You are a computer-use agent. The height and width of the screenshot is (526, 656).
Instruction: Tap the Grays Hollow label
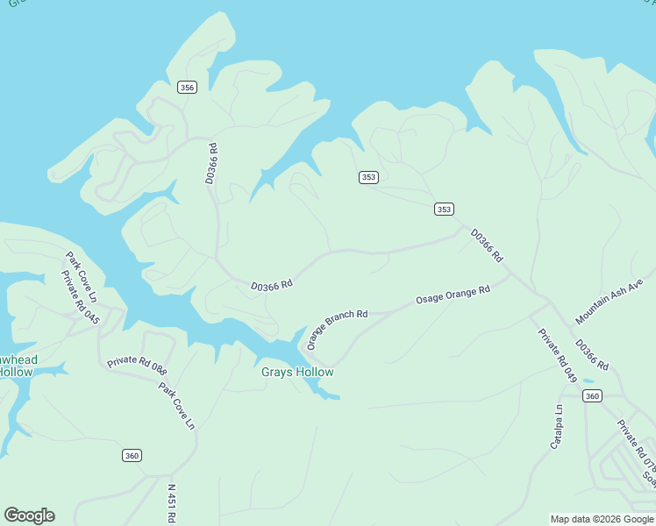(x=297, y=372)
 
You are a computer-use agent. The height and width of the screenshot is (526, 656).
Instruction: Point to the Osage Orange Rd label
(x=453, y=295)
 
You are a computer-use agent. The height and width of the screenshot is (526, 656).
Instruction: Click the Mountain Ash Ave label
(x=610, y=302)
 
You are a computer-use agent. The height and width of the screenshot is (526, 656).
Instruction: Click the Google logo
(x=29, y=515)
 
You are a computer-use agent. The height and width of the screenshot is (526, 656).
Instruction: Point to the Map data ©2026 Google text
(x=602, y=519)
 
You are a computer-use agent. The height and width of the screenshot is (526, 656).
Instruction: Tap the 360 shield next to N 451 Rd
(x=132, y=455)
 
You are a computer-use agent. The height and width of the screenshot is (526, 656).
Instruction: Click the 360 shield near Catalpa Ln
(x=593, y=396)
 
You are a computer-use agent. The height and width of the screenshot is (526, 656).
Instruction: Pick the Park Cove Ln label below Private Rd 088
(x=176, y=404)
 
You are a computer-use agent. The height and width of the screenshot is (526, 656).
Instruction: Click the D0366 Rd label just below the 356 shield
(x=211, y=164)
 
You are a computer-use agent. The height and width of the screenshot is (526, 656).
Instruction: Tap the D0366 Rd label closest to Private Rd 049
(x=591, y=353)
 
